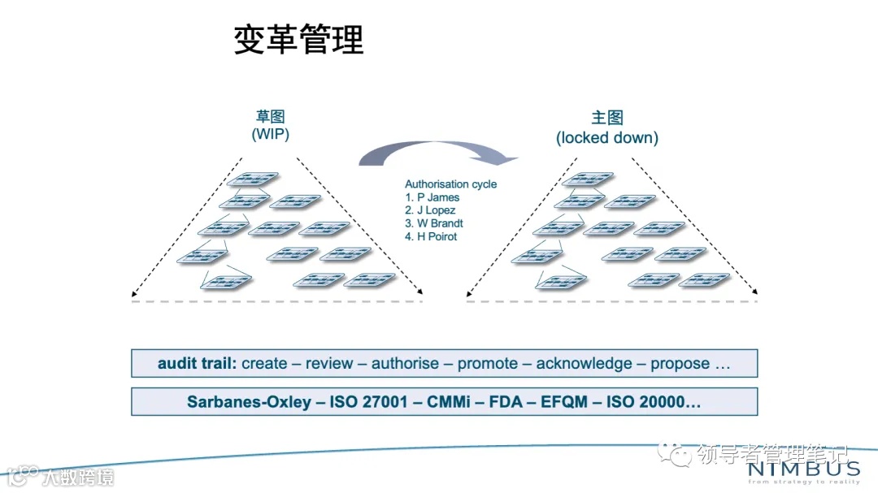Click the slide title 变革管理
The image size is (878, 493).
click(x=298, y=39)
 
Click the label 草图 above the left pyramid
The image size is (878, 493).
click(x=271, y=116)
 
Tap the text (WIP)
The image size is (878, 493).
click(x=271, y=135)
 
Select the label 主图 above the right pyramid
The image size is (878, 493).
click(x=606, y=117)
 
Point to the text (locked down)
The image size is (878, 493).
click(x=606, y=137)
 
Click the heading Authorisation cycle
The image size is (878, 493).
click(x=450, y=184)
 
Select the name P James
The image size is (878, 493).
click(x=437, y=197)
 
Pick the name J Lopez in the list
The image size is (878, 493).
click(x=436, y=210)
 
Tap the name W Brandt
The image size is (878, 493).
click(x=439, y=223)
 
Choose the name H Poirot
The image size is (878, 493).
click(x=437, y=236)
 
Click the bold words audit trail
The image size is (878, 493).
click(x=197, y=364)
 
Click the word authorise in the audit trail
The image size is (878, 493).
click(x=405, y=364)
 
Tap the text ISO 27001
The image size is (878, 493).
click(x=359, y=402)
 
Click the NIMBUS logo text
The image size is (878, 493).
click(x=802, y=469)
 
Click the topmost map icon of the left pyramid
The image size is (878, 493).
click(x=252, y=179)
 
